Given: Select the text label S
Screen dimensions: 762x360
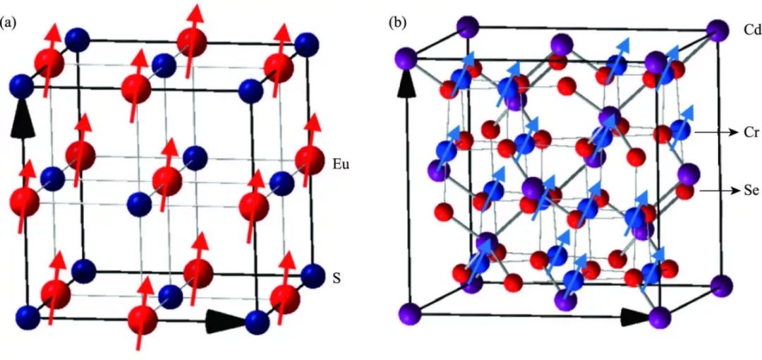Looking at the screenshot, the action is point(337,279).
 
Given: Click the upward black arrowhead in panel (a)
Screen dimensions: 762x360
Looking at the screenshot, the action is point(24,124).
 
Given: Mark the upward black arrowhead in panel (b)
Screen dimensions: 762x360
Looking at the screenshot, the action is point(406,85).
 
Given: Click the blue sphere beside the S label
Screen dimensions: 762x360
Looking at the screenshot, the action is point(311,272).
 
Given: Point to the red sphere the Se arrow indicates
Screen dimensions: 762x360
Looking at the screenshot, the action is point(684,191).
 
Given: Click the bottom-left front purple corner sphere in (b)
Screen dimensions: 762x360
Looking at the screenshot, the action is point(409,311).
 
